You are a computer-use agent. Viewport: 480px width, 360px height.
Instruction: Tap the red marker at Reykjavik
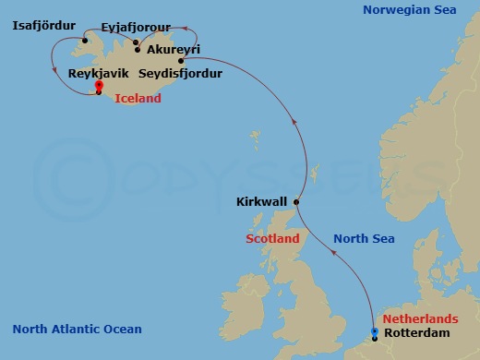(98, 87)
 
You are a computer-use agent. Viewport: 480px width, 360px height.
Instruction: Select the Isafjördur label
(43, 26)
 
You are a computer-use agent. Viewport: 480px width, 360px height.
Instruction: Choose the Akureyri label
(174, 50)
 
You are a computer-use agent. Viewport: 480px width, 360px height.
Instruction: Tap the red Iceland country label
(138, 98)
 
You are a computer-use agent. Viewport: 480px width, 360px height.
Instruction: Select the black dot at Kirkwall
(296, 200)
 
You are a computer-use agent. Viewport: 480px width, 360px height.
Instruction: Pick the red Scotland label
(272, 239)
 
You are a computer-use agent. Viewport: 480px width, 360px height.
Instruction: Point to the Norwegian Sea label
(410, 10)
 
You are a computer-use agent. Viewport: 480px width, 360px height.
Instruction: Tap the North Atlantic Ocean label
(78, 330)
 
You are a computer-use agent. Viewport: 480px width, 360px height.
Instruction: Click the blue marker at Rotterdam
(374, 332)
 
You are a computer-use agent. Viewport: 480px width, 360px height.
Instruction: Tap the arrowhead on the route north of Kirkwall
(294, 120)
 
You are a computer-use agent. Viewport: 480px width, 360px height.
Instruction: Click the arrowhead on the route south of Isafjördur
(57, 70)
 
